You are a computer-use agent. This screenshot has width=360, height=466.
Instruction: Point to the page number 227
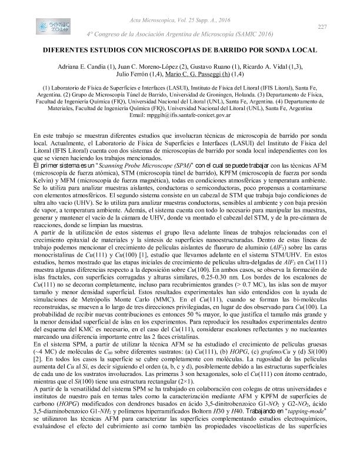pyautogui.click(x=322, y=27)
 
